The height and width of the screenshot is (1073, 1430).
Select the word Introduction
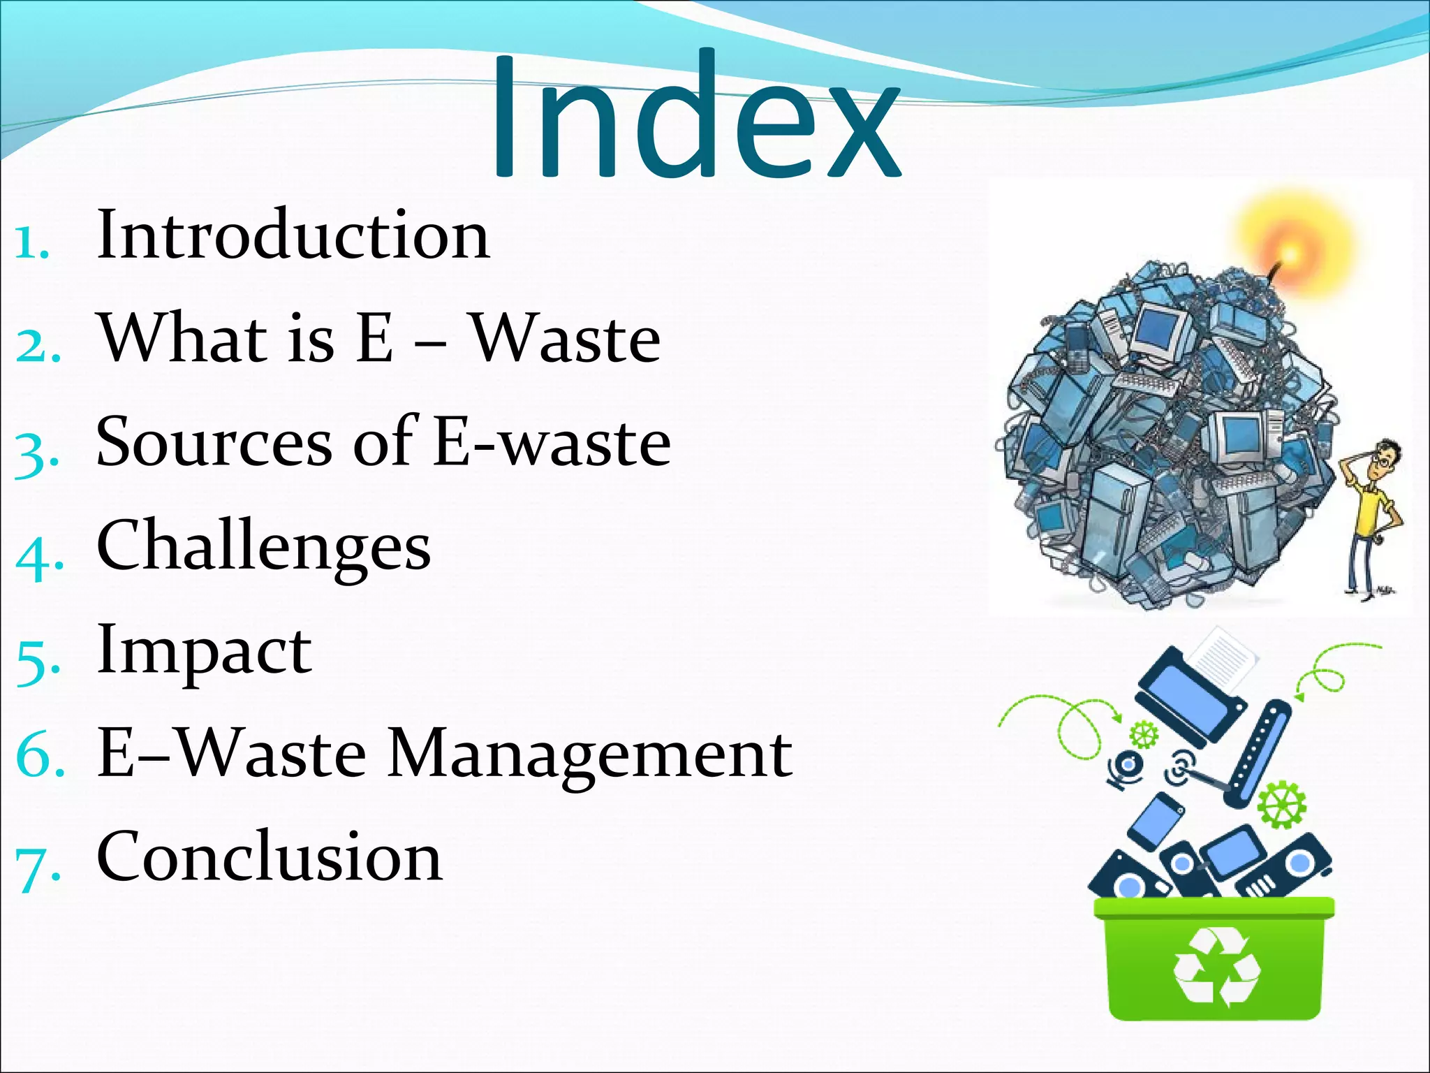pos(293,235)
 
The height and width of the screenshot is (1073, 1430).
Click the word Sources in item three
pos(214,441)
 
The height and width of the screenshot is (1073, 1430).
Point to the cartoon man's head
pos(1383,461)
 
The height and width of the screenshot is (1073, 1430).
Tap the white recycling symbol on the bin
pos(1216,968)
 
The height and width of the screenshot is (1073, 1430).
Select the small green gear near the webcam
pos(1143,734)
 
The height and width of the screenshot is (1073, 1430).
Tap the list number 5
pos(35,660)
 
